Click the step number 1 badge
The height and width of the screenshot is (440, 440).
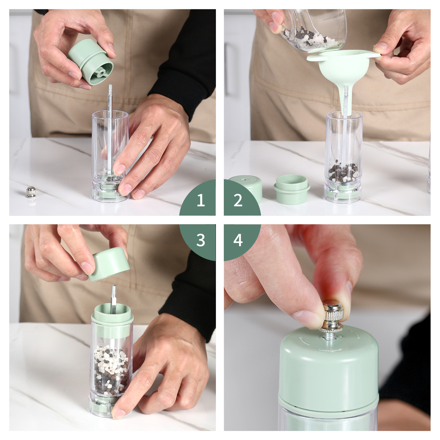201,200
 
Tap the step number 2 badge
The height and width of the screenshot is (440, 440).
238,200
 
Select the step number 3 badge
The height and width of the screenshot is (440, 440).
201,240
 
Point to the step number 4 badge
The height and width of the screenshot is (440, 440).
238,240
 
